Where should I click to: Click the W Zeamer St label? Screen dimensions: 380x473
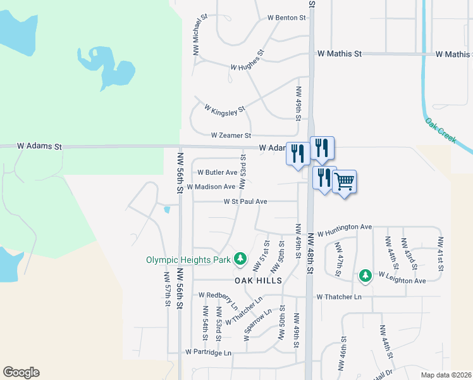coord(231,136)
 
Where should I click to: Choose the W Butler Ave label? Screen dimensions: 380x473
coord(217,172)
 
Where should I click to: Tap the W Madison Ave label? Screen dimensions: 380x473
coord(211,187)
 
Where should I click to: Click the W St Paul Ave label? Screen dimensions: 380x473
coord(245,202)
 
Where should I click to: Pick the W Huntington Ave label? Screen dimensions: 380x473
coord(344,227)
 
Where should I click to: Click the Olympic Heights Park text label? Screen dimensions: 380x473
coord(188,260)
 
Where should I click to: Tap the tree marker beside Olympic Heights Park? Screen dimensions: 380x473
coord(240,259)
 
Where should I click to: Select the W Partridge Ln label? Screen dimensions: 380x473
coord(208,352)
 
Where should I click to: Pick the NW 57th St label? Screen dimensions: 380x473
coord(168,290)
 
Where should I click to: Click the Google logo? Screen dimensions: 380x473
coord(21,372)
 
